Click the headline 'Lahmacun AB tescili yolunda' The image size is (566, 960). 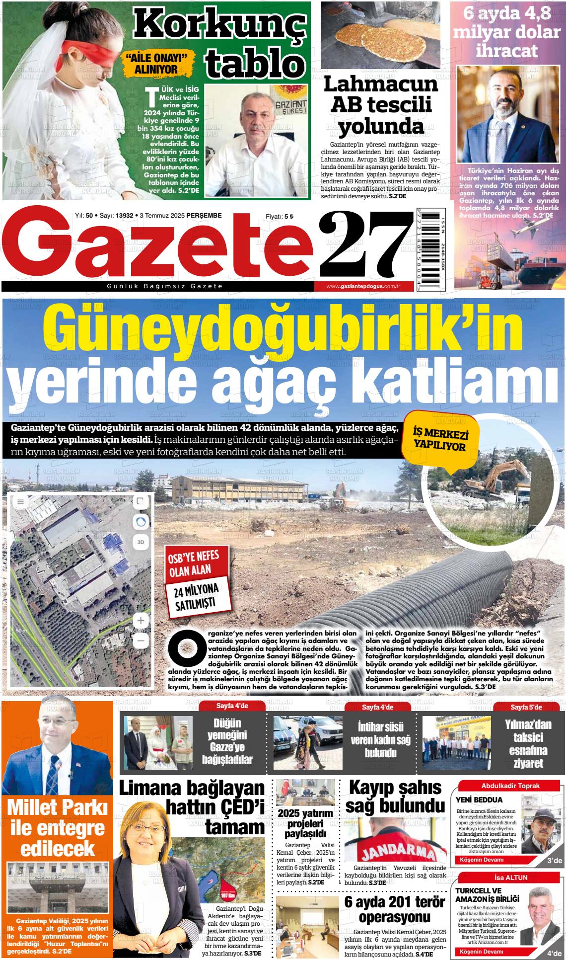(381, 105)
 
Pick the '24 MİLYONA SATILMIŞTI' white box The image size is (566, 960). (199, 596)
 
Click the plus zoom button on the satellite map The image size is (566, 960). (141, 620)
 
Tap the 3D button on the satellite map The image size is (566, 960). (141, 542)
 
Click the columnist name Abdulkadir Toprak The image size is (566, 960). (510, 786)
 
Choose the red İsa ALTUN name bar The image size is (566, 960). (510, 878)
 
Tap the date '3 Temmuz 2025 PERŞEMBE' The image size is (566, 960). (181, 215)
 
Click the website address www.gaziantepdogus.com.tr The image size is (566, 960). (363, 287)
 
